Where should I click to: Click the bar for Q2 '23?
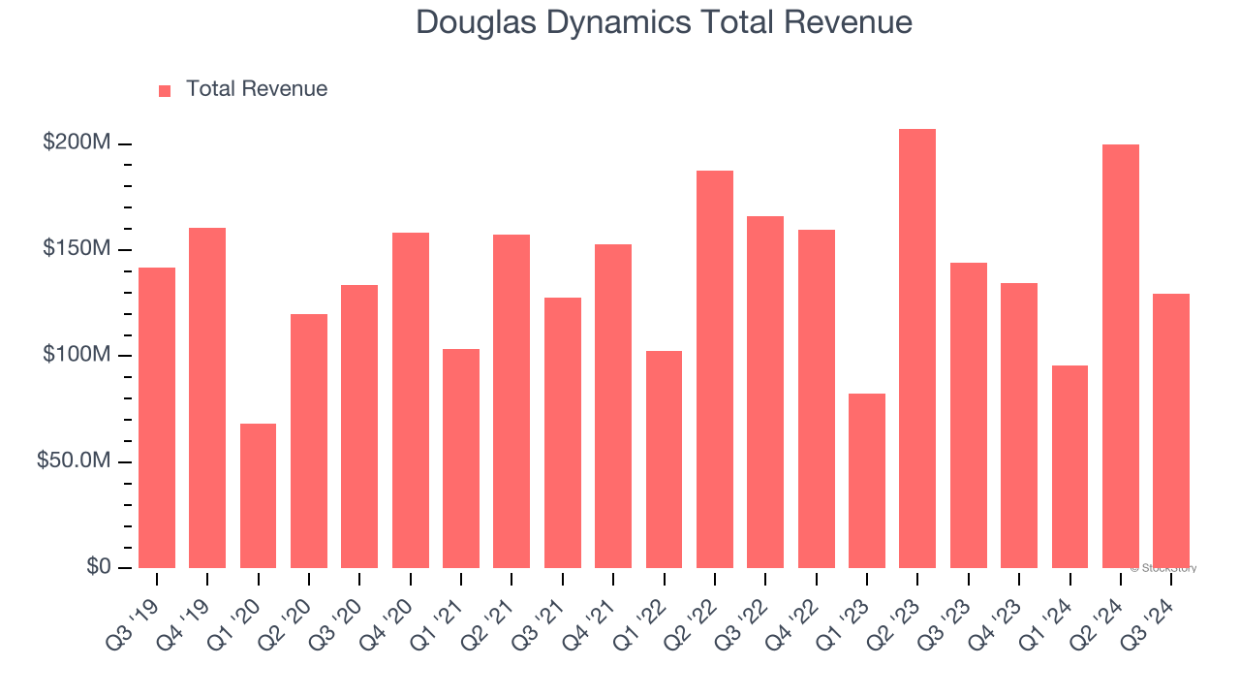point(916,349)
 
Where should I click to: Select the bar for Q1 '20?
point(258,495)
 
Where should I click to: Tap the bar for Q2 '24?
point(1120,356)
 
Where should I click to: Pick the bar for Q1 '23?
point(866,481)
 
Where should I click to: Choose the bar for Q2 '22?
point(714,369)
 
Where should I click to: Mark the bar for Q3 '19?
point(157,418)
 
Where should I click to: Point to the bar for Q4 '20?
point(410,400)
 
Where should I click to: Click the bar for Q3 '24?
point(1170,430)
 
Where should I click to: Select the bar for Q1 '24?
point(1069,466)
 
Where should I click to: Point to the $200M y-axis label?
point(77,143)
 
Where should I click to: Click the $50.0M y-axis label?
point(74,460)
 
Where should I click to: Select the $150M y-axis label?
point(77,249)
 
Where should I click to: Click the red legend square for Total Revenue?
point(165,91)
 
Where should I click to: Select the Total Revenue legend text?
point(257,89)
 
